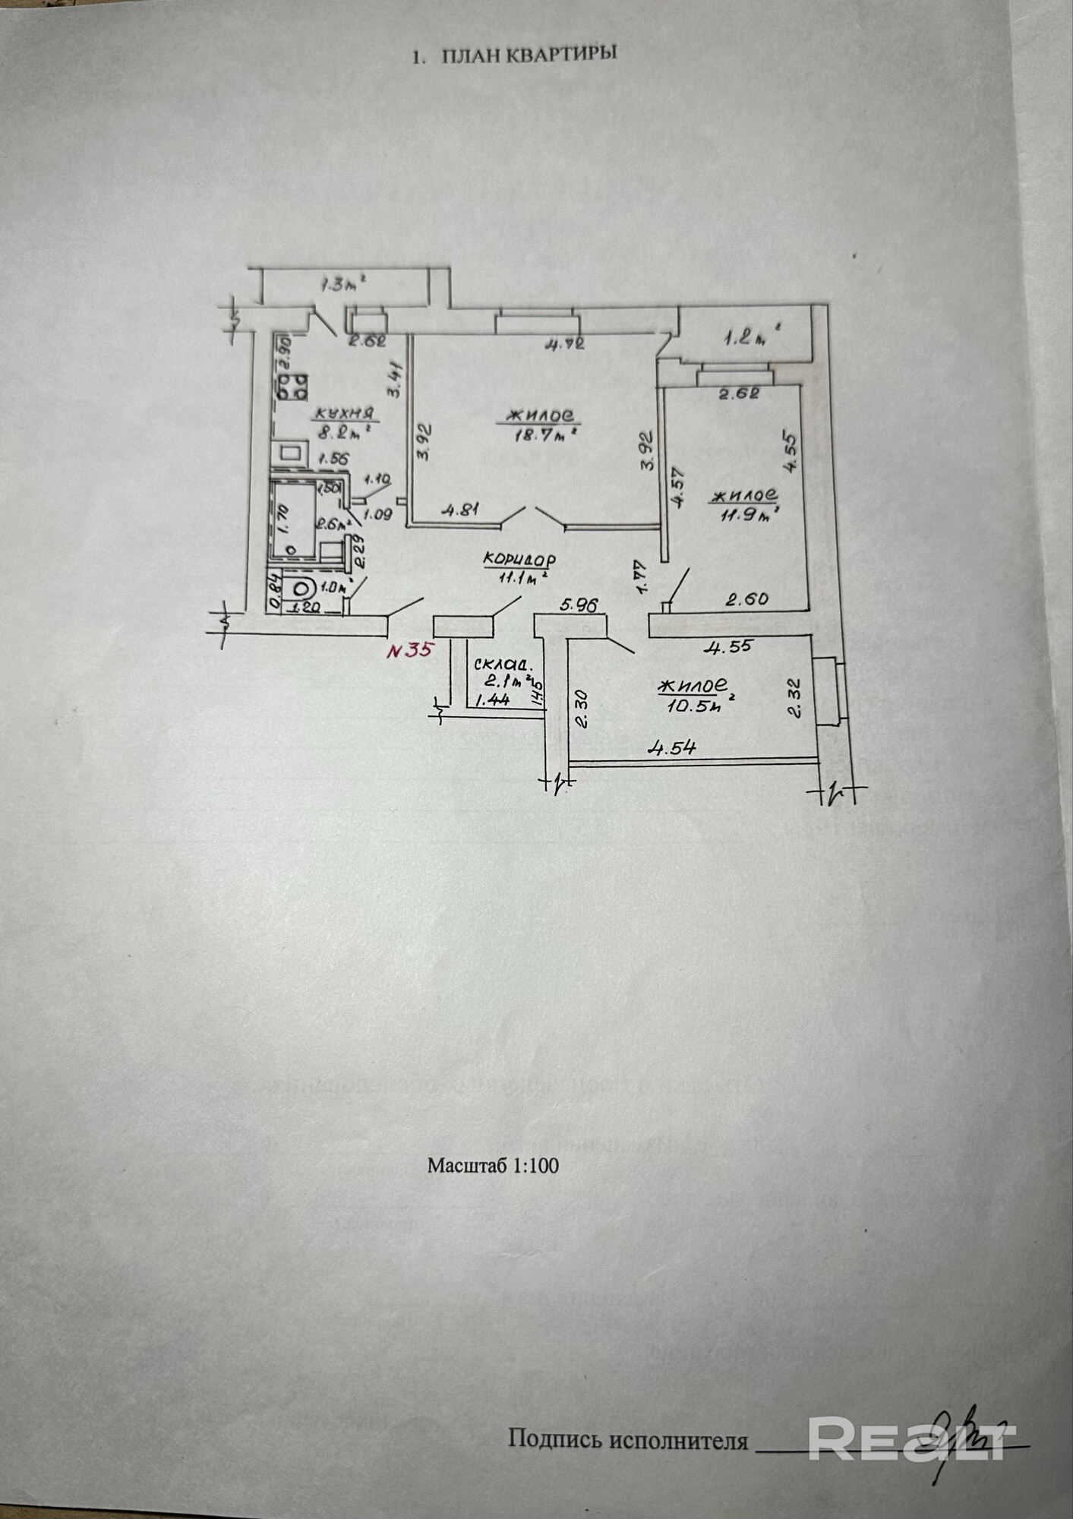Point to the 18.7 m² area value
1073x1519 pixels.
(x=541, y=436)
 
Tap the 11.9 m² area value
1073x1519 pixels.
(x=746, y=515)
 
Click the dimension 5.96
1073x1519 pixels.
(x=579, y=605)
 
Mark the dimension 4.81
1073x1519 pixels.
(x=460, y=510)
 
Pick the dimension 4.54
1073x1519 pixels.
(x=671, y=748)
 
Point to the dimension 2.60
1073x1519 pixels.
(x=746, y=600)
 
